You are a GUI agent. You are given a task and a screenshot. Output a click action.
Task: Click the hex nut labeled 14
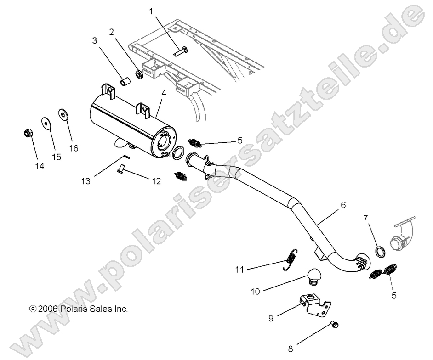pyautogui.click(x=27, y=134)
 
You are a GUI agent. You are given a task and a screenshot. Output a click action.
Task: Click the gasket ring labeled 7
pyautogui.click(x=381, y=252)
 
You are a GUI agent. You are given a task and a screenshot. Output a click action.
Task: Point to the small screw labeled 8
pyautogui.click(x=334, y=325)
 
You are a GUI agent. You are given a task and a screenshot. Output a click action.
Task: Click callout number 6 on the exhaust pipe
pyautogui.click(x=343, y=206)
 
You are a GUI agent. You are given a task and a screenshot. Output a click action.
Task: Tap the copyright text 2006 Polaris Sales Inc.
pyautogui.click(x=78, y=309)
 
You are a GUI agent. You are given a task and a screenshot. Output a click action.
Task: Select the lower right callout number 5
pyautogui.click(x=393, y=296)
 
